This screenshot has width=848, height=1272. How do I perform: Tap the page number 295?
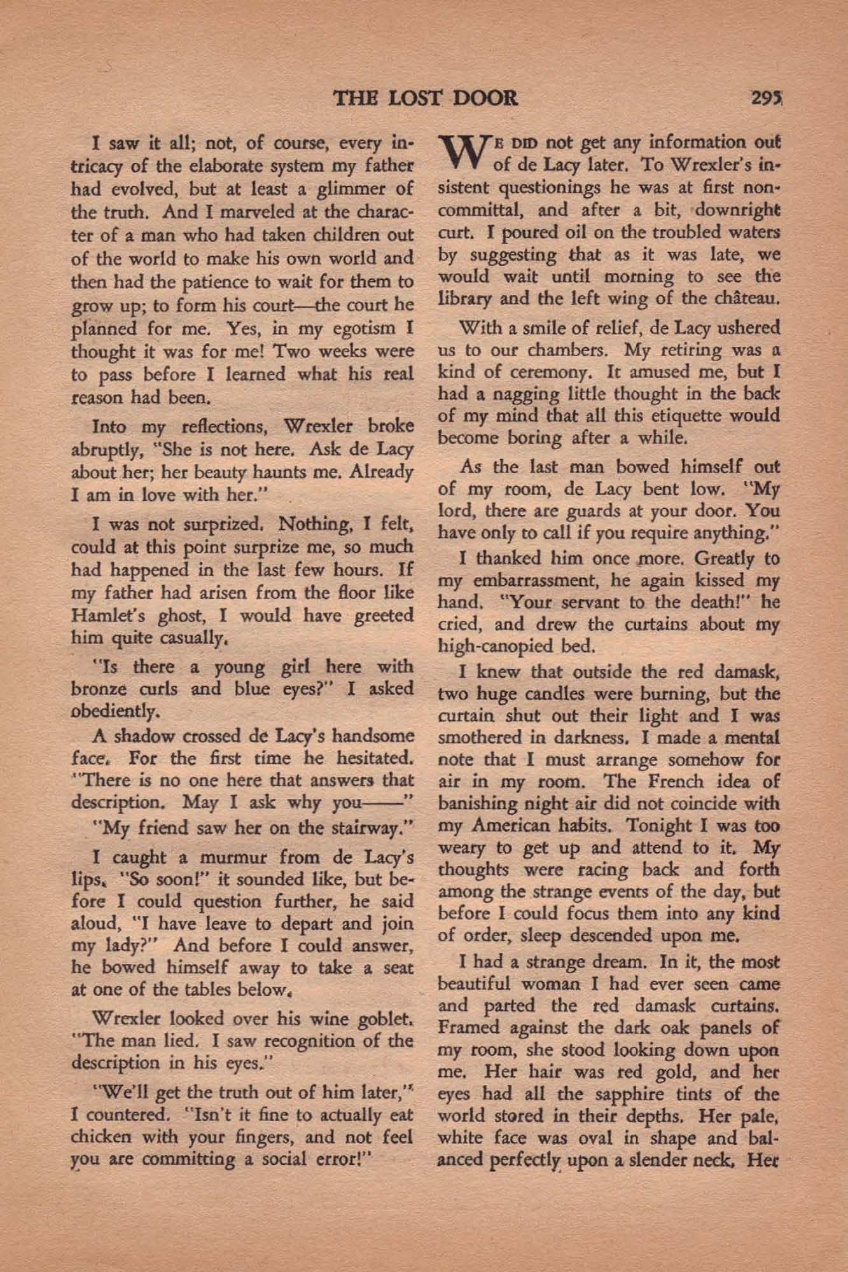(x=767, y=97)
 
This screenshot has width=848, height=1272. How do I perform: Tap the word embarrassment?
(x=516, y=581)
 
